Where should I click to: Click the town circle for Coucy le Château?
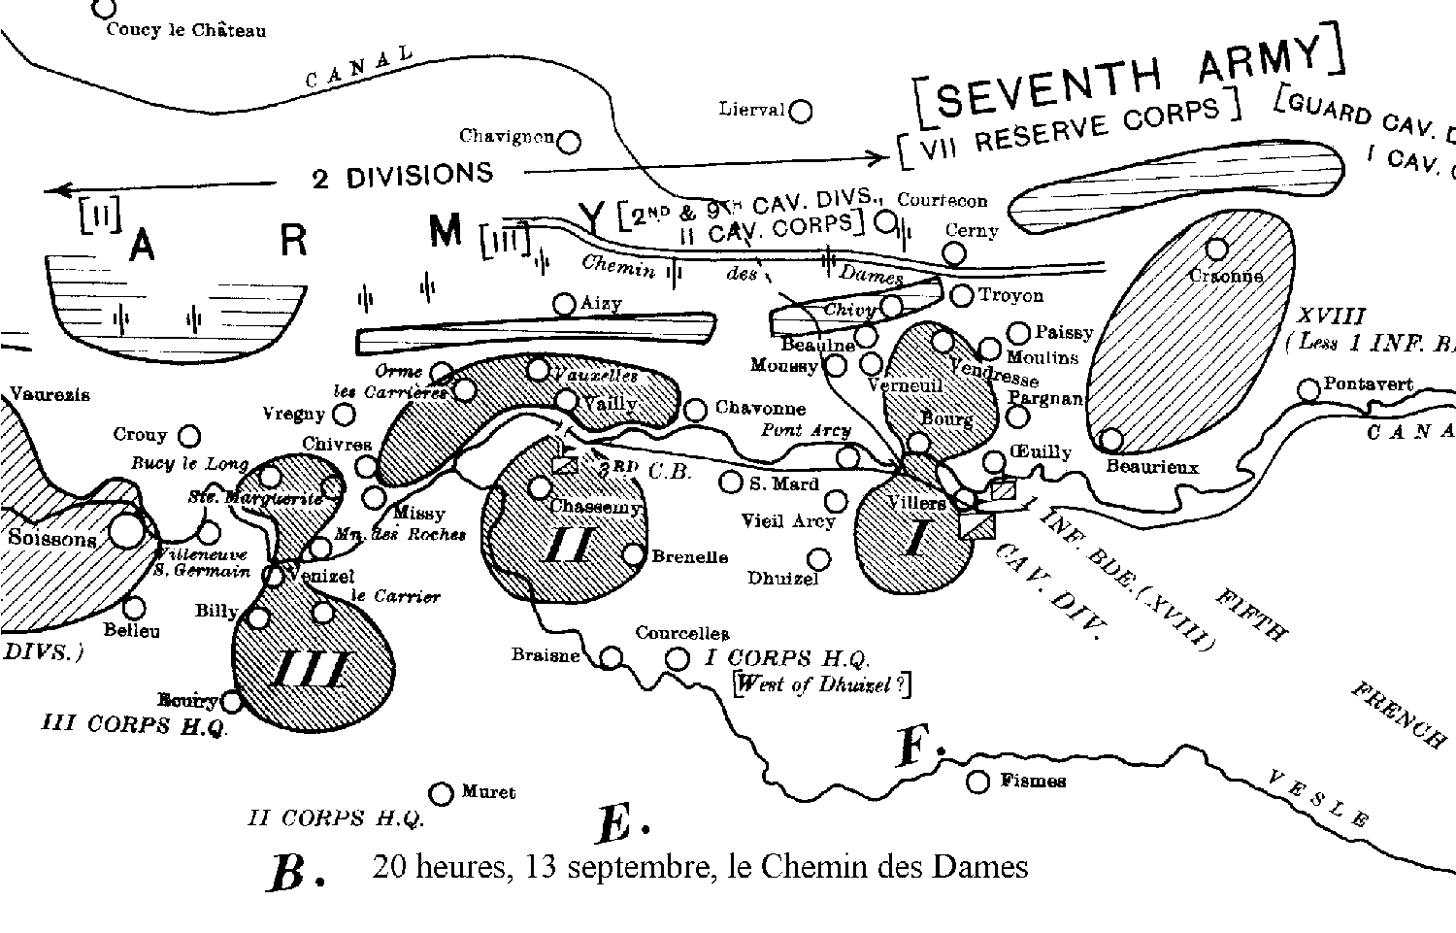(x=104, y=9)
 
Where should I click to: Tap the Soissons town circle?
(x=126, y=531)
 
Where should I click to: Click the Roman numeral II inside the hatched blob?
(x=568, y=545)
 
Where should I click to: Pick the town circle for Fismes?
(x=978, y=782)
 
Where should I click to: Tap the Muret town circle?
(x=442, y=794)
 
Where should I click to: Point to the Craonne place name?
(x=1226, y=276)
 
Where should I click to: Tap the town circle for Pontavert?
(x=1309, y=390)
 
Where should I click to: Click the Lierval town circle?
(x=801, y=112)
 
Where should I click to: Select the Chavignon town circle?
(x=570, y=143)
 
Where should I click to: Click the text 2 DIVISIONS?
(x=403, y=176)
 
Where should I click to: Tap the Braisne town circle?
(x=611, y=658)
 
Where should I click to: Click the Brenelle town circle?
(x=633, y=554)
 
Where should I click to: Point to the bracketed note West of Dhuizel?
(x=823, y=683)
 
